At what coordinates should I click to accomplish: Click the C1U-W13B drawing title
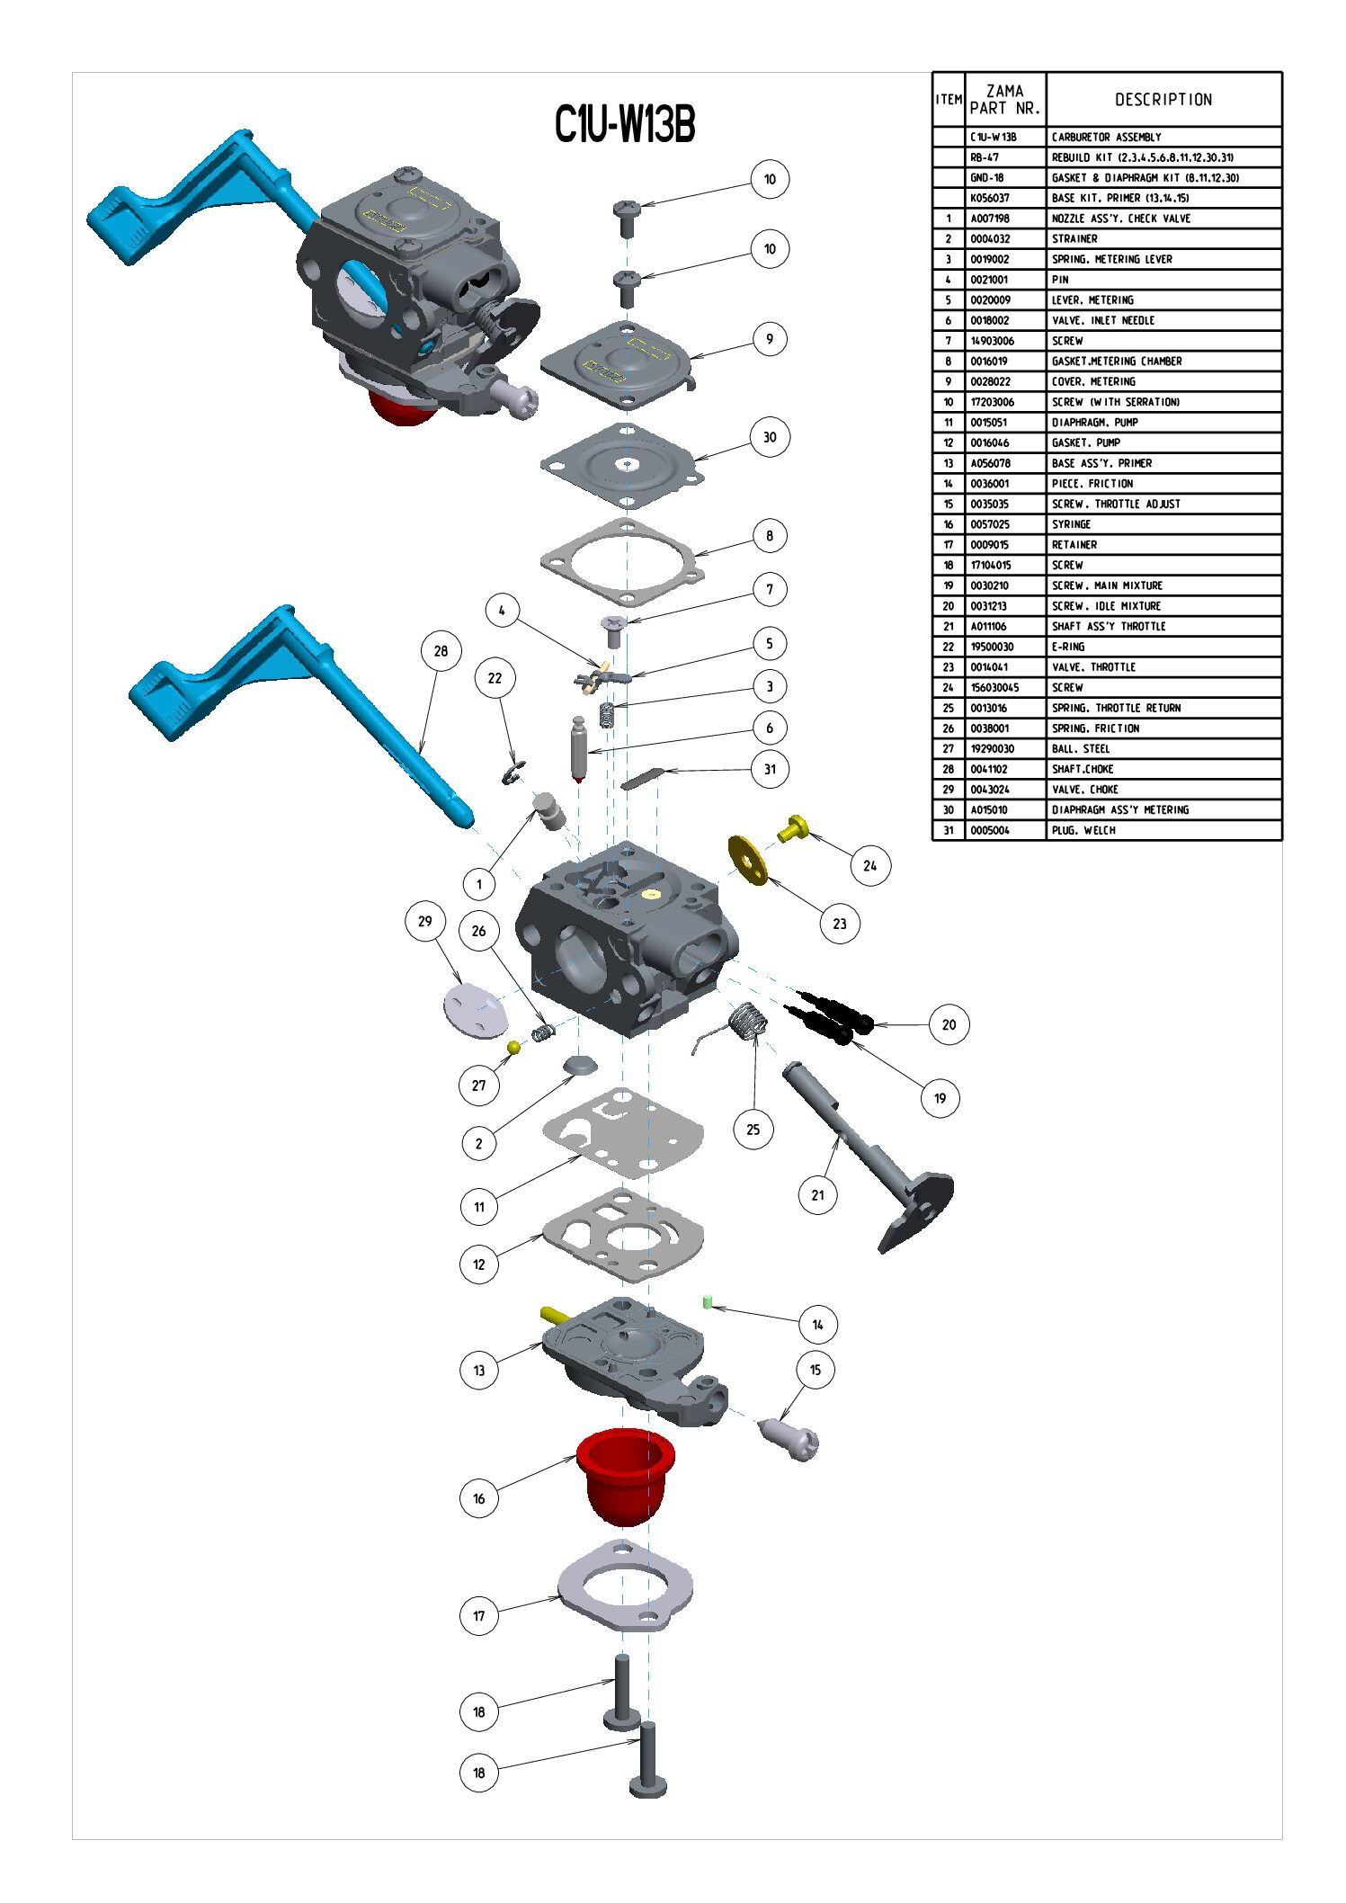coord(625,124)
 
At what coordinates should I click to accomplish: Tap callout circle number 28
coord(441,651)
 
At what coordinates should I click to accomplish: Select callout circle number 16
coord(478,1498)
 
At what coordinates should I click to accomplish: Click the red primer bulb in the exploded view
coord(625,1475)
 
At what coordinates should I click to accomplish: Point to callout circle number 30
coord(770,437)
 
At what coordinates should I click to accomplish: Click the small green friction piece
coord(708,1301)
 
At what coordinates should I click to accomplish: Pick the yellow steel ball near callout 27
coord(513,1047)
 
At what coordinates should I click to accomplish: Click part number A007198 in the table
coord(990,219)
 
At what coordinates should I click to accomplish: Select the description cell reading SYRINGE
coord(1071,524)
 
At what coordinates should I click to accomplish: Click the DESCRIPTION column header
coord(1163,100)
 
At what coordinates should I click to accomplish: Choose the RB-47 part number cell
coord(985,157)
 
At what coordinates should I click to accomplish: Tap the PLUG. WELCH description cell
coord(1083,830)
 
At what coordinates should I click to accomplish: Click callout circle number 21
coord(817,1195)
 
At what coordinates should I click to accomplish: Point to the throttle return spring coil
coord(748,1023)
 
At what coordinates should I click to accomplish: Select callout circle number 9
coord(770,339)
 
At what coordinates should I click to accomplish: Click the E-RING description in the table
coord(1068,647)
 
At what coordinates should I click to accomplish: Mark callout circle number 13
coord(478,1371)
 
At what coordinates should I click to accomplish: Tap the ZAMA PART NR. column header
coord(1005,100)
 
